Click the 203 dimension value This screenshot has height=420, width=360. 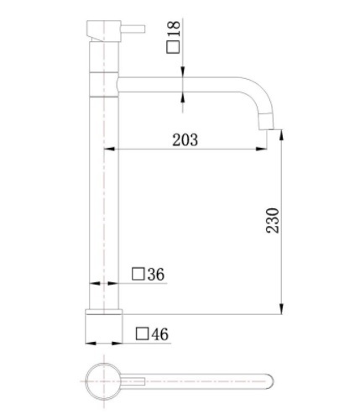point(185,139)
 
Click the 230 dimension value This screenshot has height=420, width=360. point(273,220)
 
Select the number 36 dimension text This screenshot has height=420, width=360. point(156,274)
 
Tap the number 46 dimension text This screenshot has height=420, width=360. point(160,334)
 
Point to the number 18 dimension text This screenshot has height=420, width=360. point(174,29)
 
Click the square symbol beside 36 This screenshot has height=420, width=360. point(138,274)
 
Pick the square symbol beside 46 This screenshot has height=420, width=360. point(142,333)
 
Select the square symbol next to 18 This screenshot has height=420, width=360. point(173,47)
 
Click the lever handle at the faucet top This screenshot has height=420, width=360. point(133,29)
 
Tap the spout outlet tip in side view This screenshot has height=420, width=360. point(266,129)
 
